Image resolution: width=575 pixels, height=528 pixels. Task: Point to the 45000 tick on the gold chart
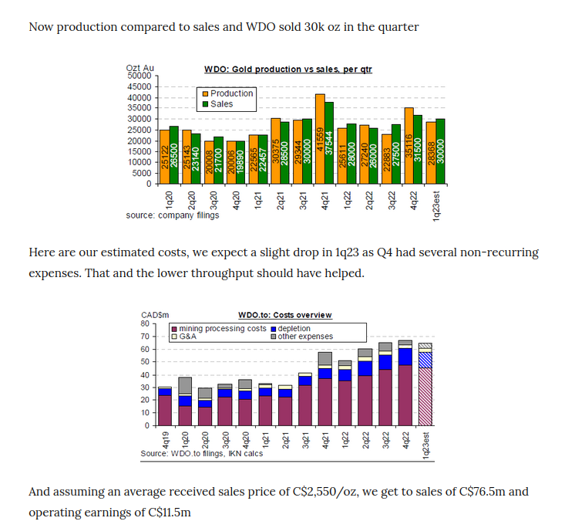pos(143,86)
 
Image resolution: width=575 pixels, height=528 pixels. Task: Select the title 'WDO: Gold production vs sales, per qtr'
pos(288,69)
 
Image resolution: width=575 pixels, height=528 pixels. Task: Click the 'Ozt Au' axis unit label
pos(140,69)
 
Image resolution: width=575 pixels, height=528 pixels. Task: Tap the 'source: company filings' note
pos(173,215)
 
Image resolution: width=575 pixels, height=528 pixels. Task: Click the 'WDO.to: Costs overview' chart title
pos(285,315)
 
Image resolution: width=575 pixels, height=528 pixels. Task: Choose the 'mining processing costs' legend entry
pos(218,328)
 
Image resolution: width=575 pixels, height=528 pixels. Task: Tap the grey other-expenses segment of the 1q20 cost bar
pos(185,385)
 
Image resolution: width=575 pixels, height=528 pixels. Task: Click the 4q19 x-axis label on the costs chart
pos(164,440)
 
